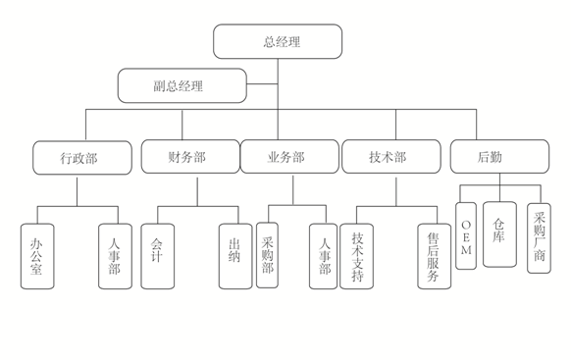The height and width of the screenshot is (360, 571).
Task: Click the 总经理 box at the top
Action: point(278,41)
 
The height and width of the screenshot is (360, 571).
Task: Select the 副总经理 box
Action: point(182,85)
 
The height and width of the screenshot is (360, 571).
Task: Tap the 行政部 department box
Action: point(82,158)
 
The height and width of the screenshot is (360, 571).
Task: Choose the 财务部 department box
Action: point(190,157)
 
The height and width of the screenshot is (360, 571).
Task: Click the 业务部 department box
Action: point(289,157)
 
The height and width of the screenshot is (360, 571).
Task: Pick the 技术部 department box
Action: point(391,157)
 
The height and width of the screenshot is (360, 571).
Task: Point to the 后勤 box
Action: point(499,157)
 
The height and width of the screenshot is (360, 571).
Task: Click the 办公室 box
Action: point(37,256)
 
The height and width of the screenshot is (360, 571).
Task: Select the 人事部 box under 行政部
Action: point(115,256)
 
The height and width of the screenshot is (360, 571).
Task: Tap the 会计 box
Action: point(158,256)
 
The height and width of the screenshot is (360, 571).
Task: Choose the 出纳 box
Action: point(235,256)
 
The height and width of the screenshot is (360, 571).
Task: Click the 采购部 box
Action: point(267,255)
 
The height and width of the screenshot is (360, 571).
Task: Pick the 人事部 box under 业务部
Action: point(323,256)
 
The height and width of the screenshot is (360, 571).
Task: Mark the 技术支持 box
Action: point(356,256)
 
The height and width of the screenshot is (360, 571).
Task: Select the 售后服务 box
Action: point(434,256)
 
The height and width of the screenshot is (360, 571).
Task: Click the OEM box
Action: point(466,235)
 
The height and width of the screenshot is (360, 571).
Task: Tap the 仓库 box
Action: point(499,234)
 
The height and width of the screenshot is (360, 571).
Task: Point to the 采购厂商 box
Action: point(539,238)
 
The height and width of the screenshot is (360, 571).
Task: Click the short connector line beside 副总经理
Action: point(262,84)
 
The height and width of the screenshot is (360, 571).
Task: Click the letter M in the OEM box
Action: point(466,250)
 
